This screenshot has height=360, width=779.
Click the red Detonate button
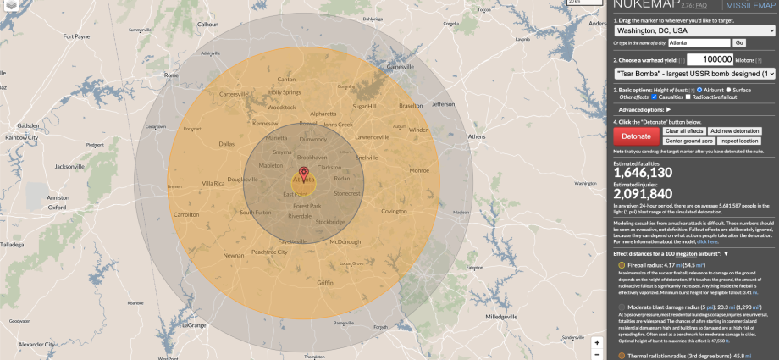pyautogui.click(x=636, y=136)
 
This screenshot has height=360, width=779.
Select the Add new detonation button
pyautogui.click(x=735, y=131)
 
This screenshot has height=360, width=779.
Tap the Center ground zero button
pyautogui.click(x=688, y=141)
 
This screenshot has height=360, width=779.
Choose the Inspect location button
pyautogui.click(x=743, y=141)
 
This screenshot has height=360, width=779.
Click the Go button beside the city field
pyautogui.click(x=739, y=42)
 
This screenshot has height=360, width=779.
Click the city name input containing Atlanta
pyautogui.click(x=699, y=42)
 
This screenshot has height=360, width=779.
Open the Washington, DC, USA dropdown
pyautogui.click(x=695, y=30)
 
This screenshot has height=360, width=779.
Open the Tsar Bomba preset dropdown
pyautogui.click(x=695, y=74)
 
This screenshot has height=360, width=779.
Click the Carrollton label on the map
pyautogui.click(x=186, y=215)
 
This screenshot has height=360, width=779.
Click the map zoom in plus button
pyautogui.click(x=597, y=343)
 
